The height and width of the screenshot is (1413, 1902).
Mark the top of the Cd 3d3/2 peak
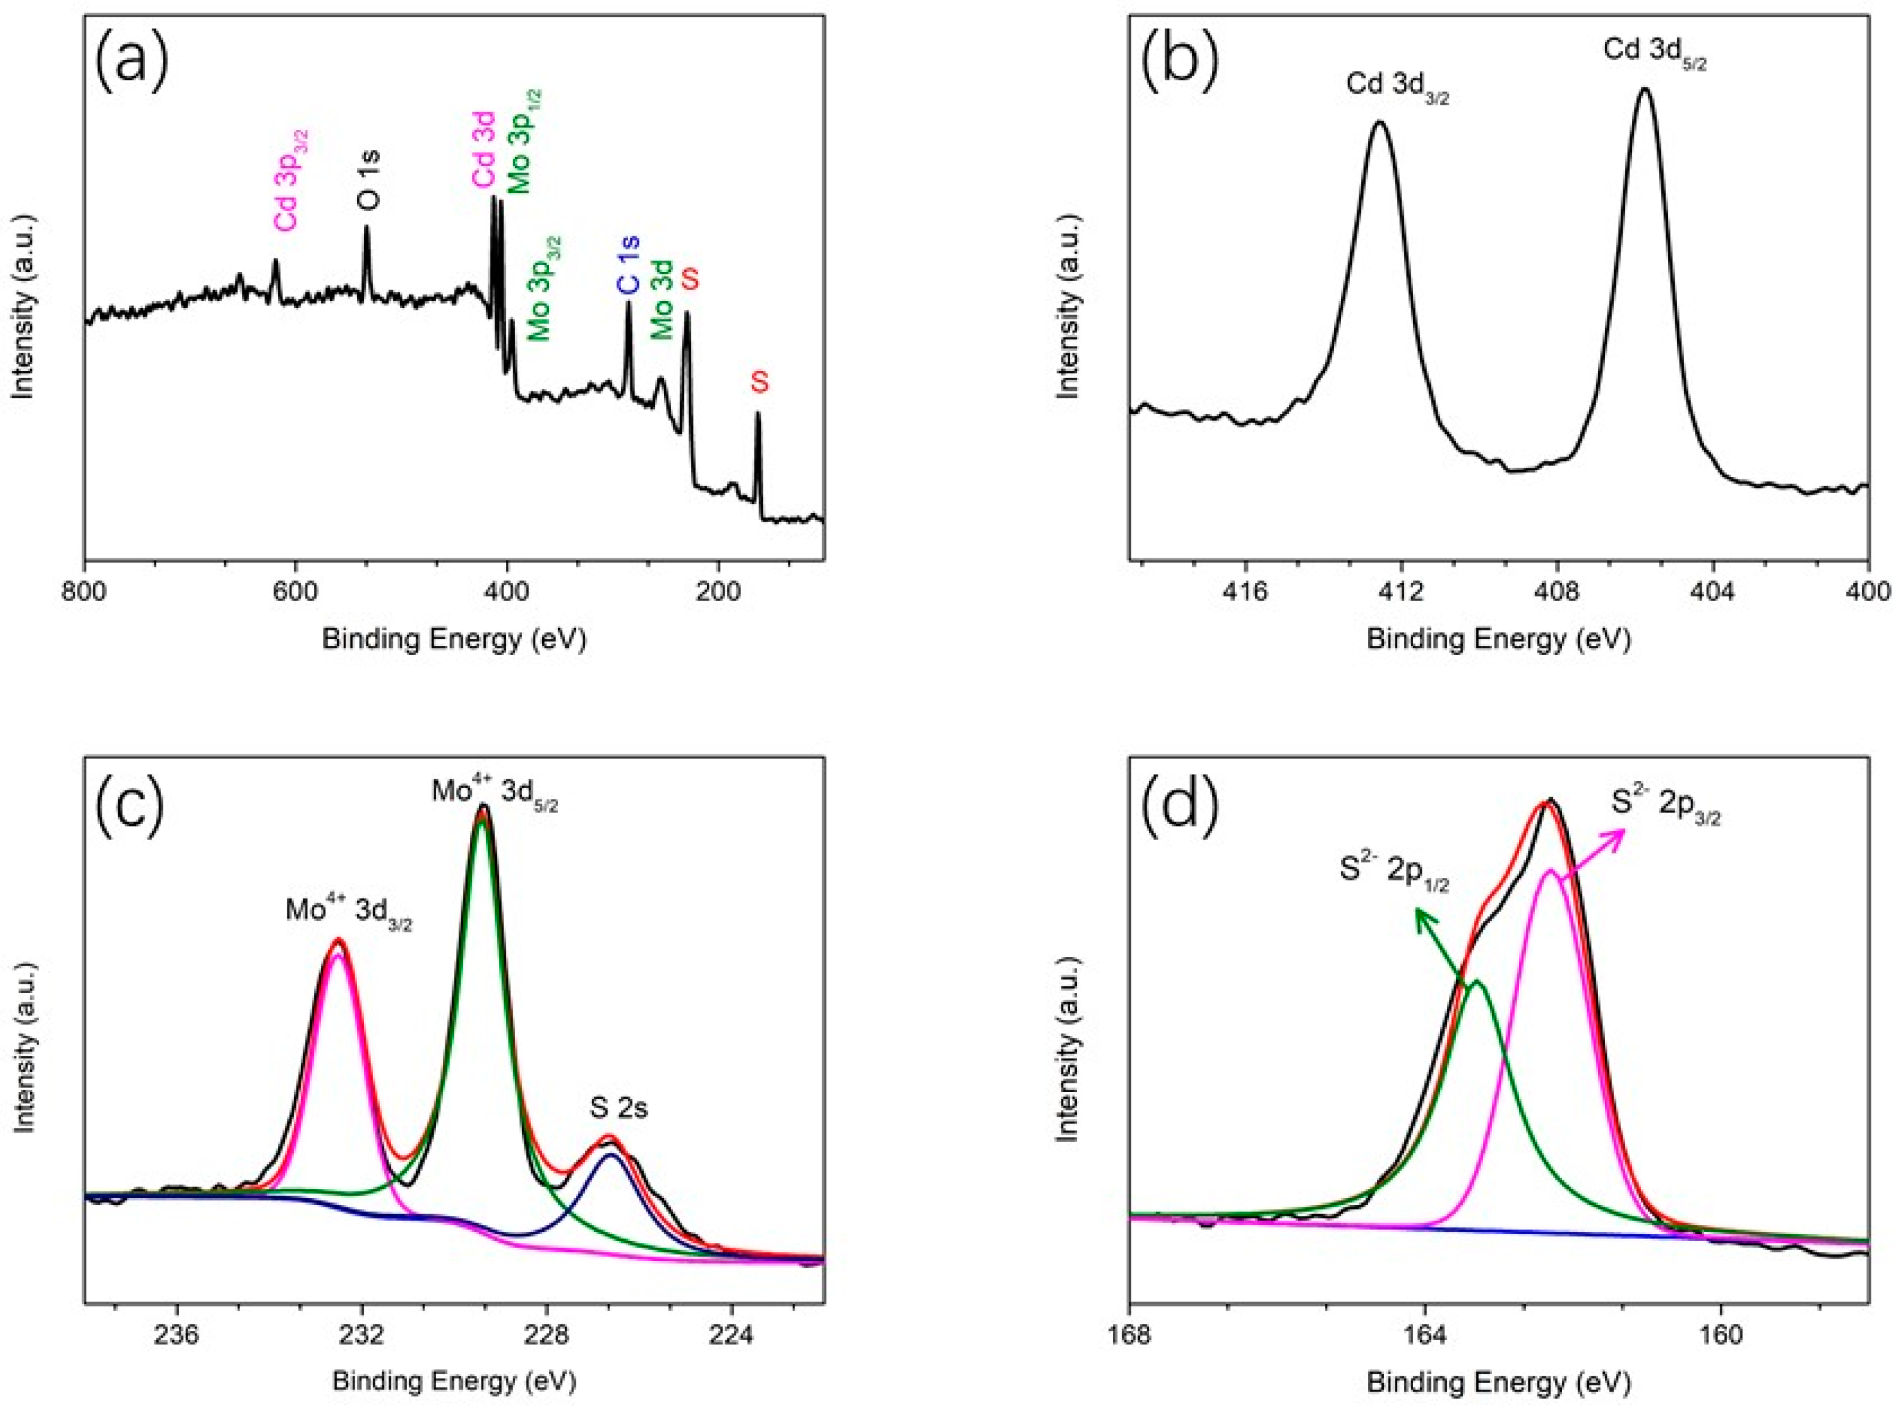(1379, 122)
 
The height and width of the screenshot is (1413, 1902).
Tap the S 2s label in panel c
(617, 1109)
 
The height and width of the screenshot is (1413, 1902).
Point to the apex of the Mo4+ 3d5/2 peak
(483, 806)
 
